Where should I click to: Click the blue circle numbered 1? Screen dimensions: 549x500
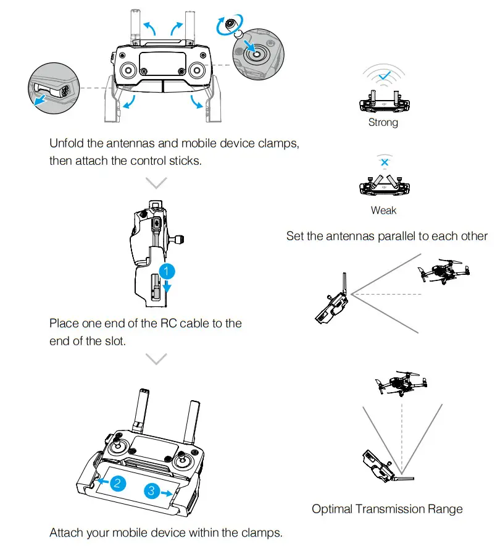point(166,270)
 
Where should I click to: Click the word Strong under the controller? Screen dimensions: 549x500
point(383,122)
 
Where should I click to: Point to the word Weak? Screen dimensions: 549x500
point(383,211)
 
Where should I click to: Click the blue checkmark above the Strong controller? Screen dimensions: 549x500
point(384,76)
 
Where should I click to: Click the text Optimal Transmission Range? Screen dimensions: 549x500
point(386,509)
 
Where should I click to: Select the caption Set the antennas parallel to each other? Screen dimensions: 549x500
point(386,237)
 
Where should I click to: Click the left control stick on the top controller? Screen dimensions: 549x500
point(128,69)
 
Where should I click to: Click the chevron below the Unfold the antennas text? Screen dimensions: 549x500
point(158,183)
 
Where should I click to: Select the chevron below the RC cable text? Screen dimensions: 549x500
point(158,359)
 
